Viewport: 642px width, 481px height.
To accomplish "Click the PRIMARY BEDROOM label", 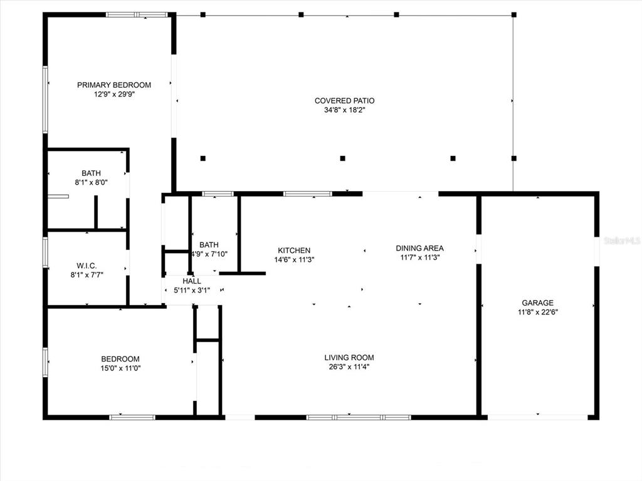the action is (114, 85).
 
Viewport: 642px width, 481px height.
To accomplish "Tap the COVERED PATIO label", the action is (344, 101).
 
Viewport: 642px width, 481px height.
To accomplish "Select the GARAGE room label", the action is (537, 303).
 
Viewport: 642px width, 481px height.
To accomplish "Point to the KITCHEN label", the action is (294, 251).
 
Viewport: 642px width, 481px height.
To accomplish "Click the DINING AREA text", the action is (419, 248).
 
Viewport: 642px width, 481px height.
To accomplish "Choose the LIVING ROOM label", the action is (349, 358).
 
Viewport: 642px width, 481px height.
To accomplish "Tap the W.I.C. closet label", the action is (87, 266).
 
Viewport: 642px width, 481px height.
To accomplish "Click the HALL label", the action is (192, 281).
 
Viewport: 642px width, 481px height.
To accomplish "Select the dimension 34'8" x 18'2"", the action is (344, 110).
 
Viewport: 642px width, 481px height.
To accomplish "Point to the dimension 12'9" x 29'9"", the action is (114, 95).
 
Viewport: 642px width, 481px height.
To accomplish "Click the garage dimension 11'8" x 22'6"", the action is (537, 312).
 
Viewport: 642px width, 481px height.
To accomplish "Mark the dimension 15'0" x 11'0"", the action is (120, 368).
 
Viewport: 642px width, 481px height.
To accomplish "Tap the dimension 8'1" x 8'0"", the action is (91, 182).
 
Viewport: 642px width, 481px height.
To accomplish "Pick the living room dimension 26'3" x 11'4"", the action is (349, 367).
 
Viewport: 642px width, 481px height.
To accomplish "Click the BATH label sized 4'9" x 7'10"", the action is (209, 245).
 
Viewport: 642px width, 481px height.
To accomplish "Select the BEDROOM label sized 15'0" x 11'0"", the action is (120, 359).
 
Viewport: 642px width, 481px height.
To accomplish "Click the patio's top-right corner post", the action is (514, 15).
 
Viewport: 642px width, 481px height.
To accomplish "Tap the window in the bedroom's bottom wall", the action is (132, 417).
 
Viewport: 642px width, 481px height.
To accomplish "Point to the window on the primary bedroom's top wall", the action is (137, 15).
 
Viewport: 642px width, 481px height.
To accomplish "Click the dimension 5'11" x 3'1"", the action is (192, 291).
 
